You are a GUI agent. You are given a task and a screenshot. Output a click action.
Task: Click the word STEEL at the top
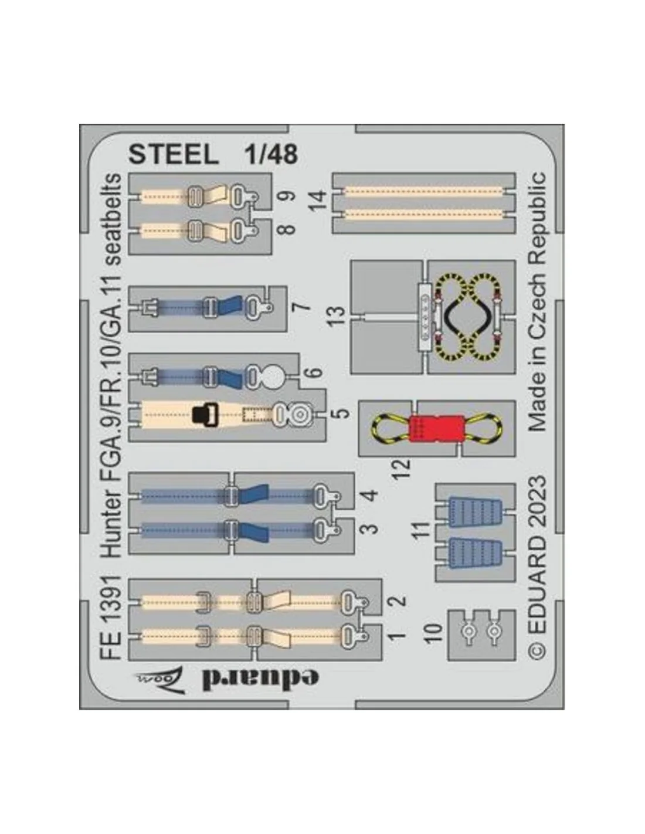click(174, 155)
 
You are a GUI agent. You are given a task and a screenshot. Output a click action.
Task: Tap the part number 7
click(301, 307)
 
